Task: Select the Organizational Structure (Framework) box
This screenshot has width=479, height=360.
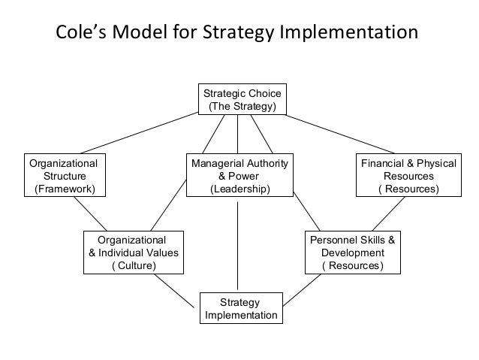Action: point(62,175)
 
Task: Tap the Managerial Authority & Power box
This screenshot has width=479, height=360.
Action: point(239,175)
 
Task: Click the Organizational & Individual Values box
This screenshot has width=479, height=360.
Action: point(134,253)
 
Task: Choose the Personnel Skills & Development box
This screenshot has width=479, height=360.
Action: point(352,253)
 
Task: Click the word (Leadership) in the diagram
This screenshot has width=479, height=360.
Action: point(239,189)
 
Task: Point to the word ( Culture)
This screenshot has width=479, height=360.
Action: point(134,266)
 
